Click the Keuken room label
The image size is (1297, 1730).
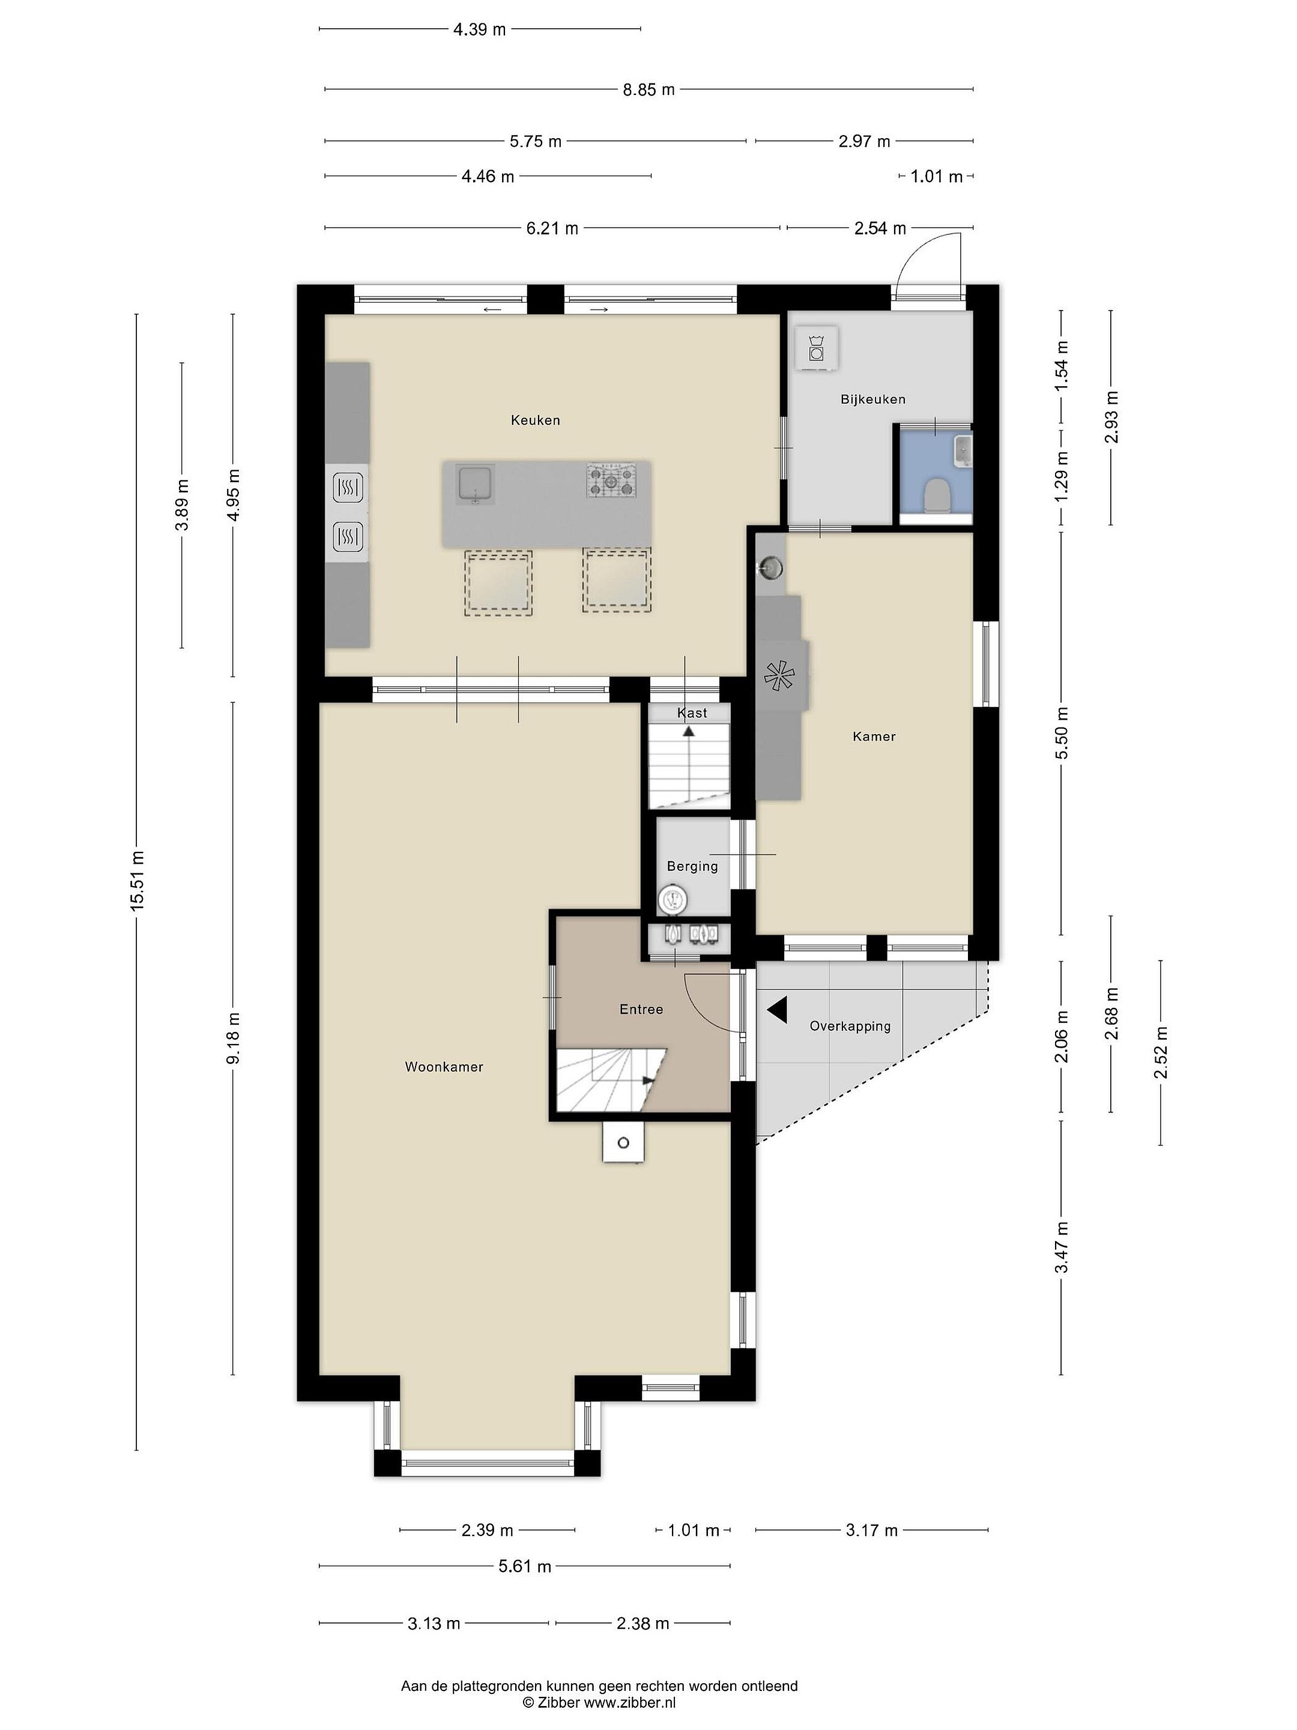click(x=535, y=420)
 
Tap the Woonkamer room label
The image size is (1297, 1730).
click(x=444, y=1067)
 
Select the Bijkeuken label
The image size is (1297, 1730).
click(x=872, y=399)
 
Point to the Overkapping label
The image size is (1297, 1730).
click(x=850, y=1026)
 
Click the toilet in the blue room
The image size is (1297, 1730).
click(x=936, y=495)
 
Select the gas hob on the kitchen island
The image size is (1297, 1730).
click(x=611, y=480)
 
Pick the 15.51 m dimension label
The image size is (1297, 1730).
click(x=138, y=880)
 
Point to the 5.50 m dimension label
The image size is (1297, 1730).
click(x=1061, y=732)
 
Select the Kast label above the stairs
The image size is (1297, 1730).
click(x=692, y=712)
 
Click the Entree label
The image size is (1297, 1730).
click(x=641, y=1009)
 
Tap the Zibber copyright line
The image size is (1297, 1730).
click(x=600, y=1702)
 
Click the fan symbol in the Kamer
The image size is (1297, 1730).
click(x=779, y=676)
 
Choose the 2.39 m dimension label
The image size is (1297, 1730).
click(x=487, y=1530)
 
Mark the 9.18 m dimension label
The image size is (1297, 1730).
click(x=233, y=1038)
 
